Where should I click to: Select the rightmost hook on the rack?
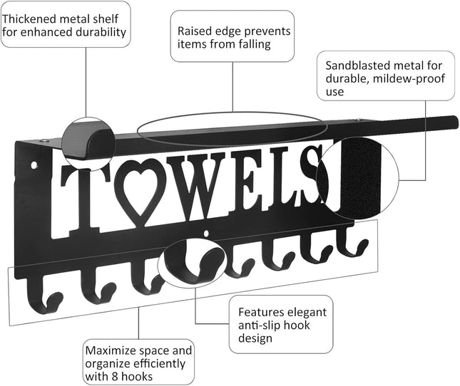tap(350, 246)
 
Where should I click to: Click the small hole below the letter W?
tap(207, 233)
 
